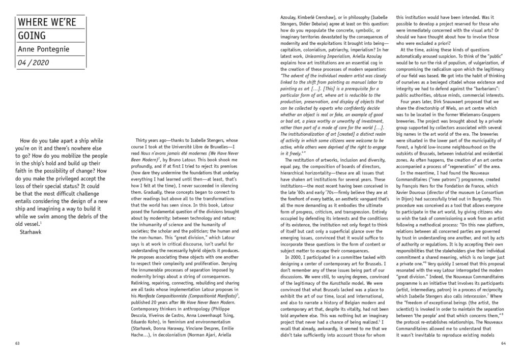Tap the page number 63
[18, 343]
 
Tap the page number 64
[502, 343]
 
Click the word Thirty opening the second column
[144, 139]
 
